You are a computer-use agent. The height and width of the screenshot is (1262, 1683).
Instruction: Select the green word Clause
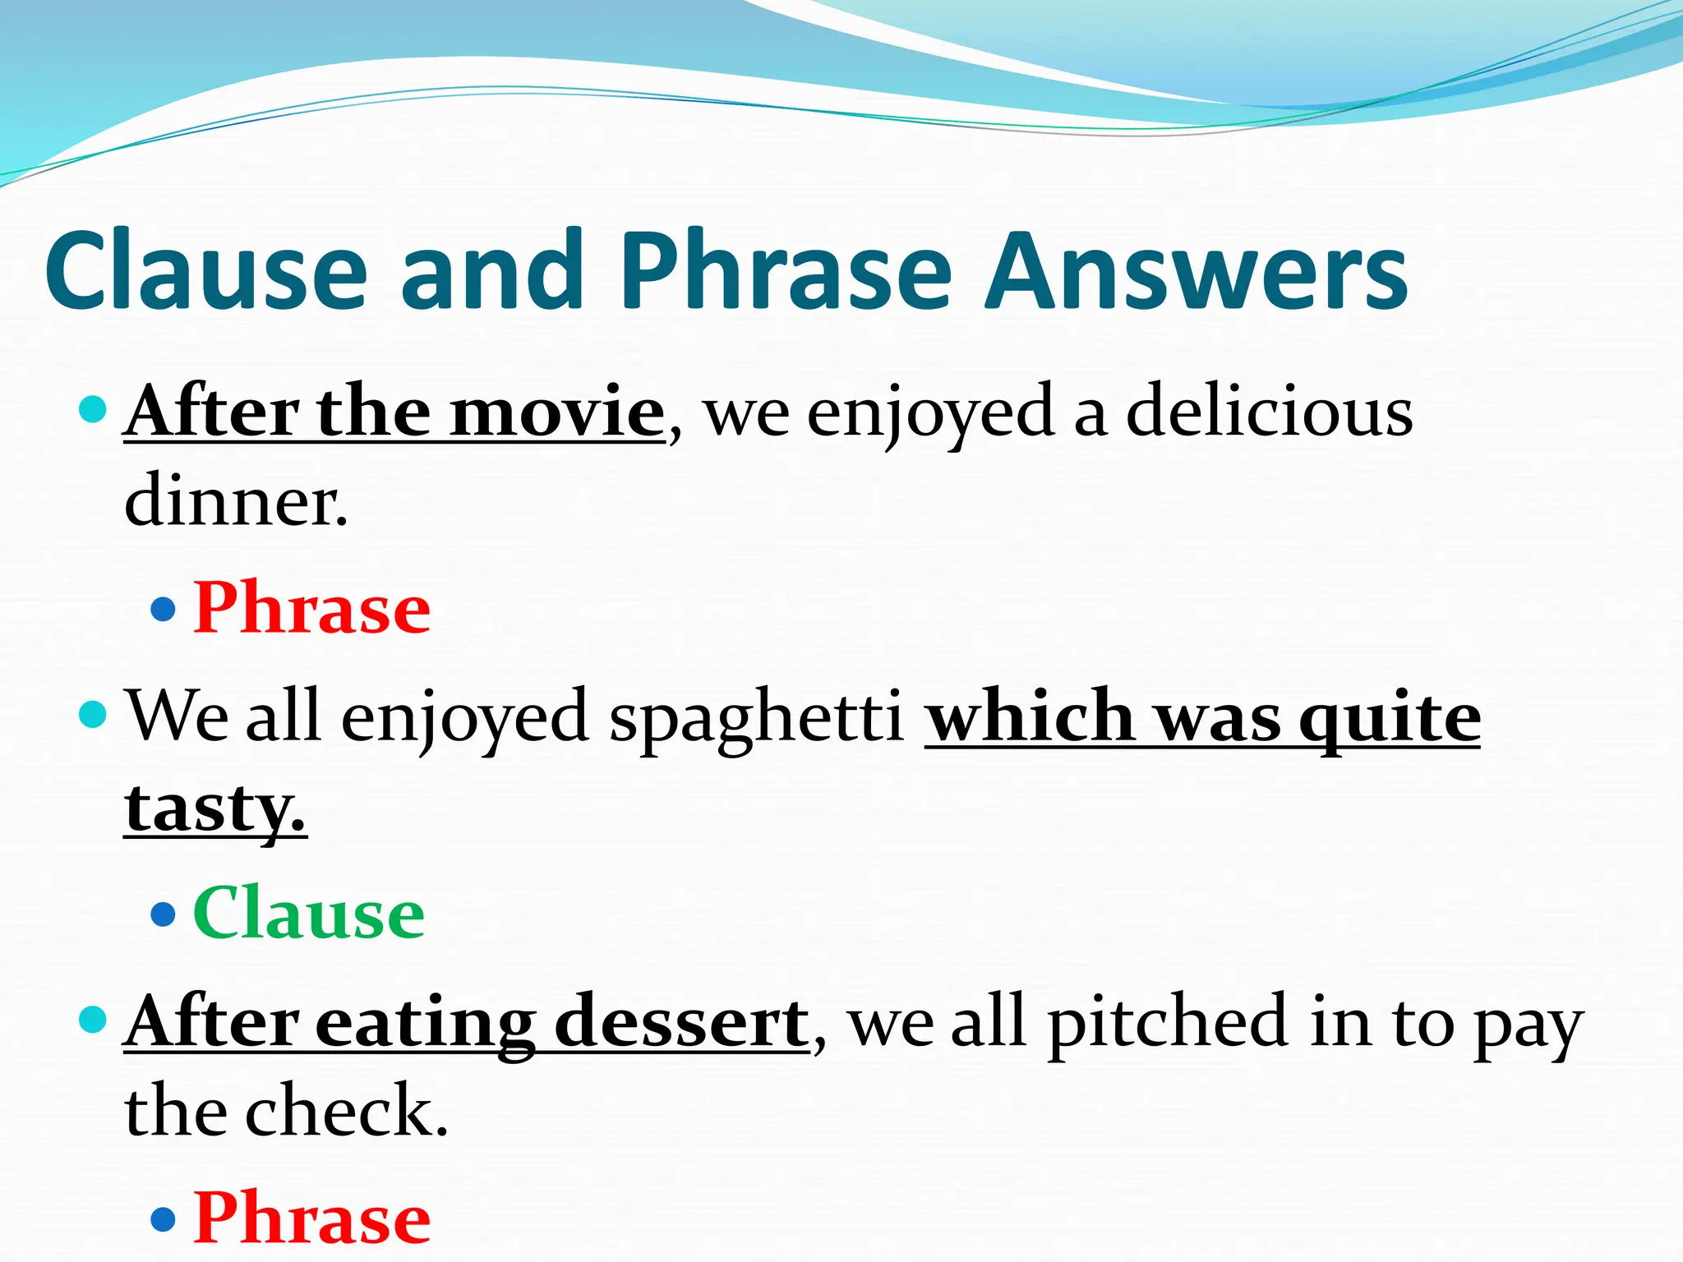[309, 914]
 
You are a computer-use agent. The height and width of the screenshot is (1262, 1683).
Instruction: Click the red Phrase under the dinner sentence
[312, 608]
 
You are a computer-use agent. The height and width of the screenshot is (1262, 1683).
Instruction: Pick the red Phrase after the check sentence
[312, 1218]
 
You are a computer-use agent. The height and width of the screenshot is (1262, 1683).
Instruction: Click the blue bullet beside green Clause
[164, 914]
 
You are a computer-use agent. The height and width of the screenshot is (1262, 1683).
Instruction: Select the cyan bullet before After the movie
[94, 408]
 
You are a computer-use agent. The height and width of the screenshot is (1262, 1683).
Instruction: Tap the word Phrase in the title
[787, 271]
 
